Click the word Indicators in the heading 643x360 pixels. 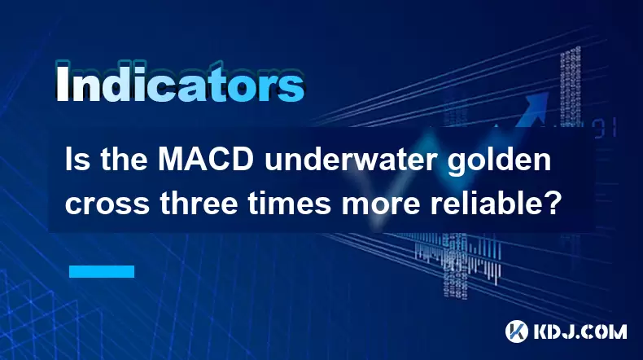[180, 83]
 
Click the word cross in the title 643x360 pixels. [107, 204]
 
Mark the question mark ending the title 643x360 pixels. [548, 203]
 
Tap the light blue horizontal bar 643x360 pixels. [102, 271]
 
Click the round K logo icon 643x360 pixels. [516, 331]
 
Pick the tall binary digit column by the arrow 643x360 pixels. [570, 86]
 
